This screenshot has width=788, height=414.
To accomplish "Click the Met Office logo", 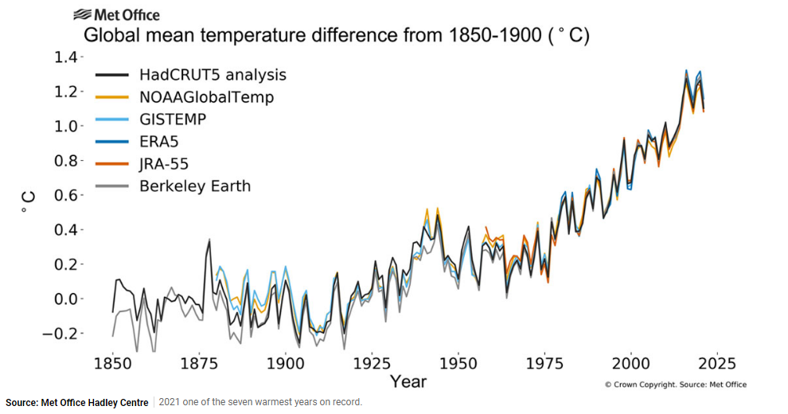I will (x=116, y=15).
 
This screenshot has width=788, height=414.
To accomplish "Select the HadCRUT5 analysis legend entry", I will (x=212, y=75).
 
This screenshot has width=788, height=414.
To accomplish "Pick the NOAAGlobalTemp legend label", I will (x=206, y=97).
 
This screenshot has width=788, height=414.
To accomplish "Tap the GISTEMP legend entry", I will (x=173, y=119).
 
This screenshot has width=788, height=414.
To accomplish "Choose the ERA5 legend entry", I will (x=159, y=142).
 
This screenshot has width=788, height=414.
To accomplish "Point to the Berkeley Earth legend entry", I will (x=194, y=186).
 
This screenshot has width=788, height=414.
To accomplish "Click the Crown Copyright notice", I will (x=675, y=385).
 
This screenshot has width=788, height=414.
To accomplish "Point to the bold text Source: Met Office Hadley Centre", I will (x=76, y=402).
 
